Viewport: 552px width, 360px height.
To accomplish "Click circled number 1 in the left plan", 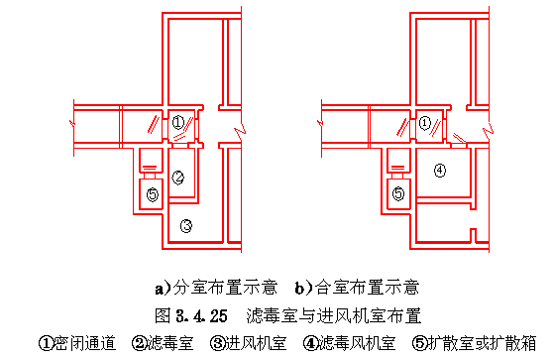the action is click(178, 122).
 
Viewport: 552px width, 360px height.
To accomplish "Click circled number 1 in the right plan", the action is click(425, 123).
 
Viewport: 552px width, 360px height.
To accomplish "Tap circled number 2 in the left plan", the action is click(178, 178).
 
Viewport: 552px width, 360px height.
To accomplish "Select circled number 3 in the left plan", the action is click(186, 226).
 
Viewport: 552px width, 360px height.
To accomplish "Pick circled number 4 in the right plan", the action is click(440, 171).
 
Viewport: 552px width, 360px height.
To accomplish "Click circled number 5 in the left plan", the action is click(153, 194).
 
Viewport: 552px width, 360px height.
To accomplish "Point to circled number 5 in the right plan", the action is click(398, 193).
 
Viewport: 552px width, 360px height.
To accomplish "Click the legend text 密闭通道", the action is click(85, 343).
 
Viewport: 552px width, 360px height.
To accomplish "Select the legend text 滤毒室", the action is click(170, 343).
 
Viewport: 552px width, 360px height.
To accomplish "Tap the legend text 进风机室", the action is click(256, 343).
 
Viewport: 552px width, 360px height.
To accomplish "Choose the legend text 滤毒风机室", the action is click(357, 343).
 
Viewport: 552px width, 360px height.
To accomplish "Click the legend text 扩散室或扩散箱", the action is click(482, 343).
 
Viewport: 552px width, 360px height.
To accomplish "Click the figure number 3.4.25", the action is click(202, 316).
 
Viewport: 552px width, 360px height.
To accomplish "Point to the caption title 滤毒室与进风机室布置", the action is click(334, 316).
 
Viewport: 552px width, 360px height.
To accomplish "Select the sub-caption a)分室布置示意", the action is click(216, 288).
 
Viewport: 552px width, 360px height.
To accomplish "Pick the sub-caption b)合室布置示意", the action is click(357, 288).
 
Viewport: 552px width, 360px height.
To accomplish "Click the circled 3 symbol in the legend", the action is click(218, 344).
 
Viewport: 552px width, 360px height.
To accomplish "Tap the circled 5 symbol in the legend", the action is click(419, 344).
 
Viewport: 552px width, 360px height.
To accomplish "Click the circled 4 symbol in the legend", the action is click(311, 344).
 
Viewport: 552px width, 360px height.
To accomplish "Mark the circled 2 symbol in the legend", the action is click(140, 344).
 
